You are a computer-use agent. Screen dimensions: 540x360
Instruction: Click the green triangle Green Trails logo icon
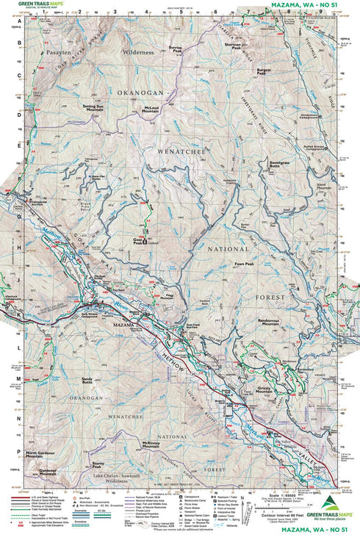pos(328,503)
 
